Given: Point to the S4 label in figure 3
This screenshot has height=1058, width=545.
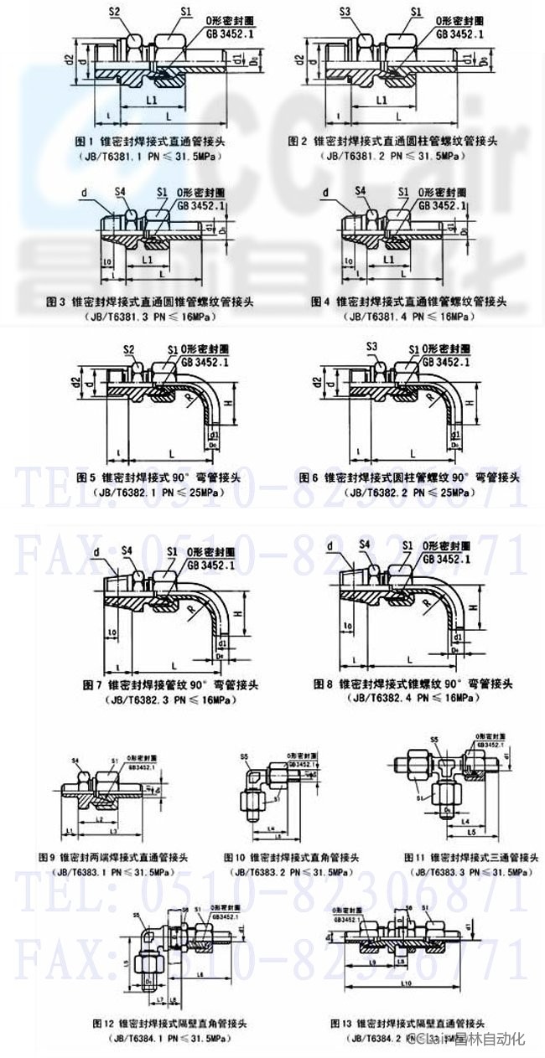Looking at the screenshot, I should [x=122, y=192].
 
